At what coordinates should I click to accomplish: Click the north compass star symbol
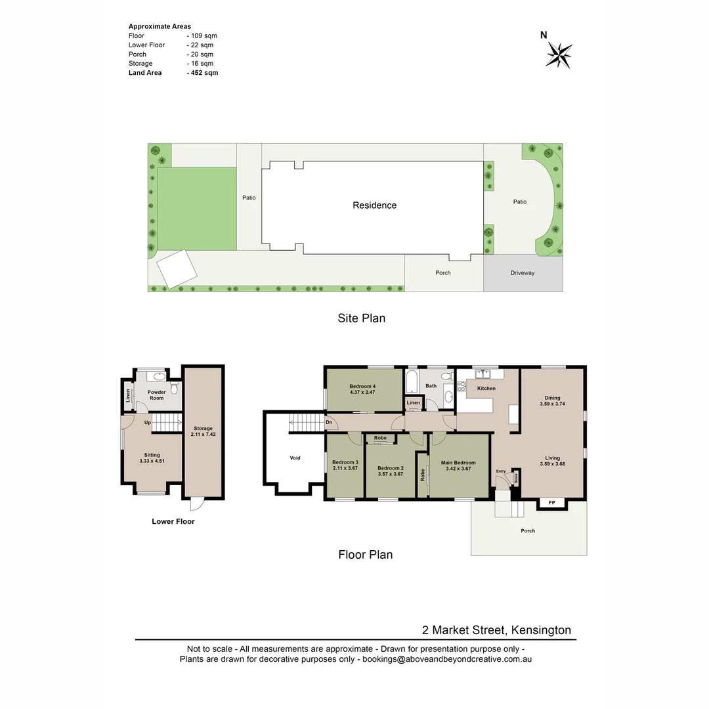pos(559,54)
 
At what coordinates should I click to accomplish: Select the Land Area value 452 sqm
pos(202,73)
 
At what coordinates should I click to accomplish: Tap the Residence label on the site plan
pos(374,205)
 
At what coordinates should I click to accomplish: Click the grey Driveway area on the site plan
pos(523,273)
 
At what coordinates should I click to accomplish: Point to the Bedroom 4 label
pos(362,386)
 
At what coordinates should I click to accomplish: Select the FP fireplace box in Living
pos(551,504)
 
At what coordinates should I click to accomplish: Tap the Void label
pos(295,458)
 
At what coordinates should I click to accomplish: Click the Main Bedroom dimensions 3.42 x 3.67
pos(459,469)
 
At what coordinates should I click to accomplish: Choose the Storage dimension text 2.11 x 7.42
pos(203,434)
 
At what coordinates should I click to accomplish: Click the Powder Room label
pos(156,395)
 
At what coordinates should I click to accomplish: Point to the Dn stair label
pos(328,423)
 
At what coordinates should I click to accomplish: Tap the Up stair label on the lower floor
pos(148,423)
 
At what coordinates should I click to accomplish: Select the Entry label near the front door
pos(501,471)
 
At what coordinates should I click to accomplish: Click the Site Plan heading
pos(361,318)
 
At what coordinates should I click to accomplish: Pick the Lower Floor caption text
pos(173,521)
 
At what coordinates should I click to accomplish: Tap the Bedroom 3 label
pos(345,462)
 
